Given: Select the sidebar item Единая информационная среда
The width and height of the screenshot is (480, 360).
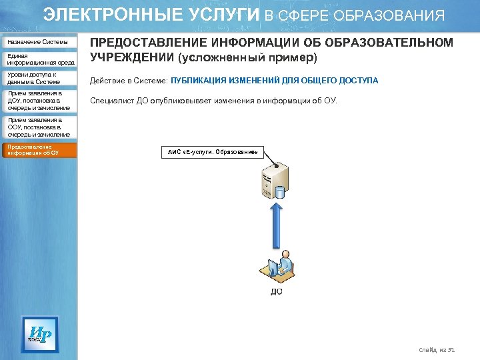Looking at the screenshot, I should pyautogui.click(x=43, y=59).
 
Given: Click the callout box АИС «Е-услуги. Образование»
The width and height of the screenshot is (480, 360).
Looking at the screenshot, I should pyautogui.click(x=212, y=151).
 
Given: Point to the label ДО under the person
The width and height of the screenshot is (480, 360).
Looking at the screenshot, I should pyautogui.click(x=276, y=291).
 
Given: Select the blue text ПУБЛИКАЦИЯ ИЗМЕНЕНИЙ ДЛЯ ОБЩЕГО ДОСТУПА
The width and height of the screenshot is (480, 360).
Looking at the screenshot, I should pyautogui.click(x=275, y=81).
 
